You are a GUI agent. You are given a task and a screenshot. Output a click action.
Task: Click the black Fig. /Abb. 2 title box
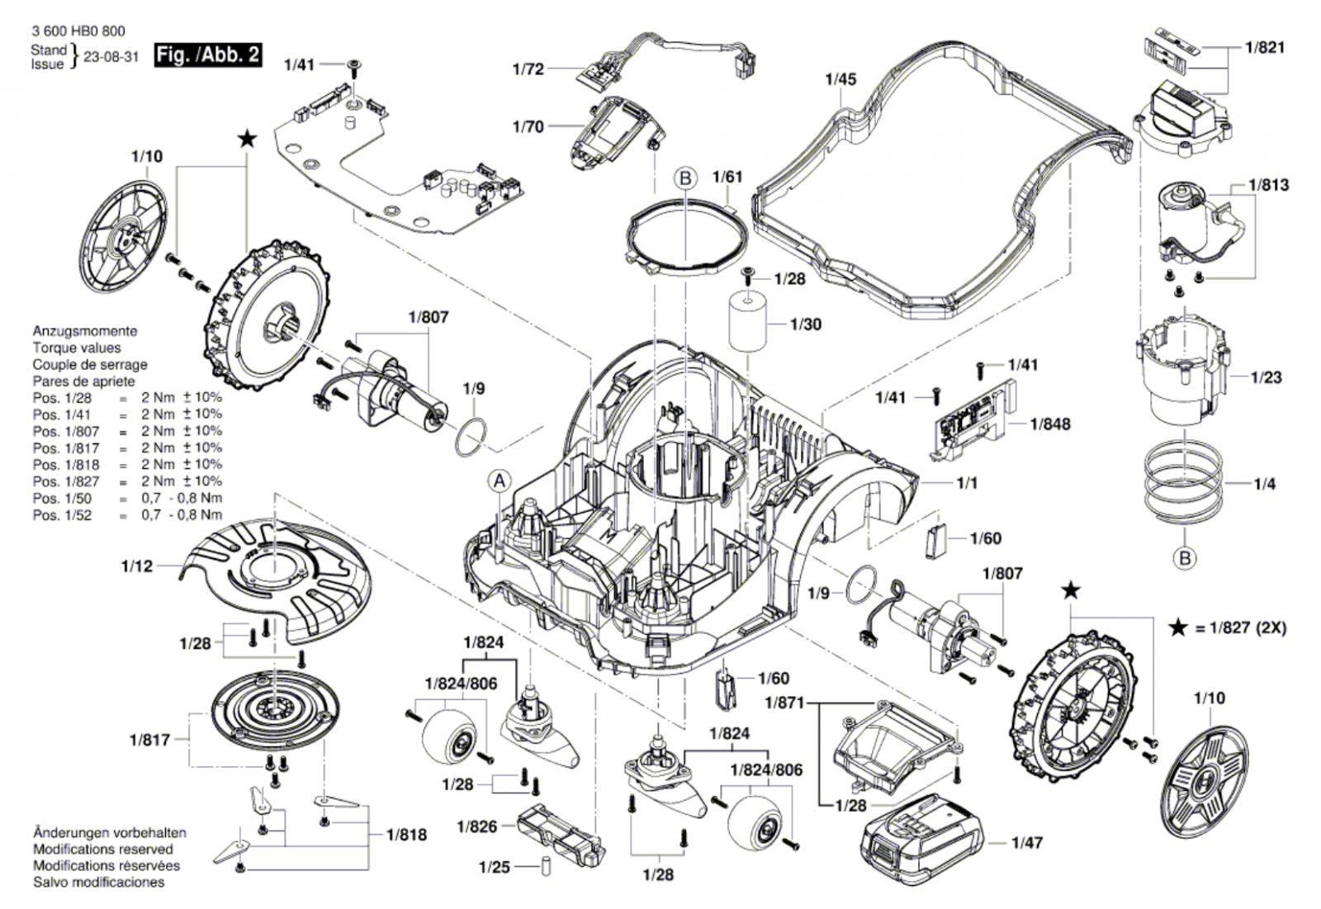pyautogui.click(x=208, y=54)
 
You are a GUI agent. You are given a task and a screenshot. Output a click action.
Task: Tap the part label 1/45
pyautogui.click(x=841, y=79)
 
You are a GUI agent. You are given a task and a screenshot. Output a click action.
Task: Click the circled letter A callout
pyautogui.click(x=500, y=482)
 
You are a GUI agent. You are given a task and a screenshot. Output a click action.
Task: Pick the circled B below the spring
pyautogui.click(x=1185, y=559)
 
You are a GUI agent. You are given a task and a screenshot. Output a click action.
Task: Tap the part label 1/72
pyautogui.click(x=528, y=69)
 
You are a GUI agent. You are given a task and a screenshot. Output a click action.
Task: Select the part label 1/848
pyautogui.click(x=1049, y=424)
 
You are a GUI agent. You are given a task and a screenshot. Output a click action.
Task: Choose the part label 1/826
pyautogui.click(x=477, y=827)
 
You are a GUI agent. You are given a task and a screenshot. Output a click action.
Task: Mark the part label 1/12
pyautogui.click(x=137, y=566)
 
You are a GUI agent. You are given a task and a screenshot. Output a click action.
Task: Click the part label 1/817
pyautogui.click(x=149, y=740)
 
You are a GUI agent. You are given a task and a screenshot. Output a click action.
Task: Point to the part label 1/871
pyautogui.click(x=785, y=703)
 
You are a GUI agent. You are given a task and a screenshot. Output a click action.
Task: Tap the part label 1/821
pyautogui.click(x=1265, y=47)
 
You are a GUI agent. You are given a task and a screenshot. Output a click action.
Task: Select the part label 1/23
pyautogui.click(x=1267, y=377)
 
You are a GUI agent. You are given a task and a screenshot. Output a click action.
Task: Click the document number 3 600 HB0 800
pyautogui.click(x=78, y=31)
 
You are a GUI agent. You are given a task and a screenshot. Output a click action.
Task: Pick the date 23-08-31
pyautogui.click(x=111, y=57)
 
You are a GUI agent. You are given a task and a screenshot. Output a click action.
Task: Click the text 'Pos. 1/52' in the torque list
pyautogui.click(x=62, y=515)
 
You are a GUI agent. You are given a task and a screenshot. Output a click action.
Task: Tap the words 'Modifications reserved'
pyautogui.click(x=103, y=850)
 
